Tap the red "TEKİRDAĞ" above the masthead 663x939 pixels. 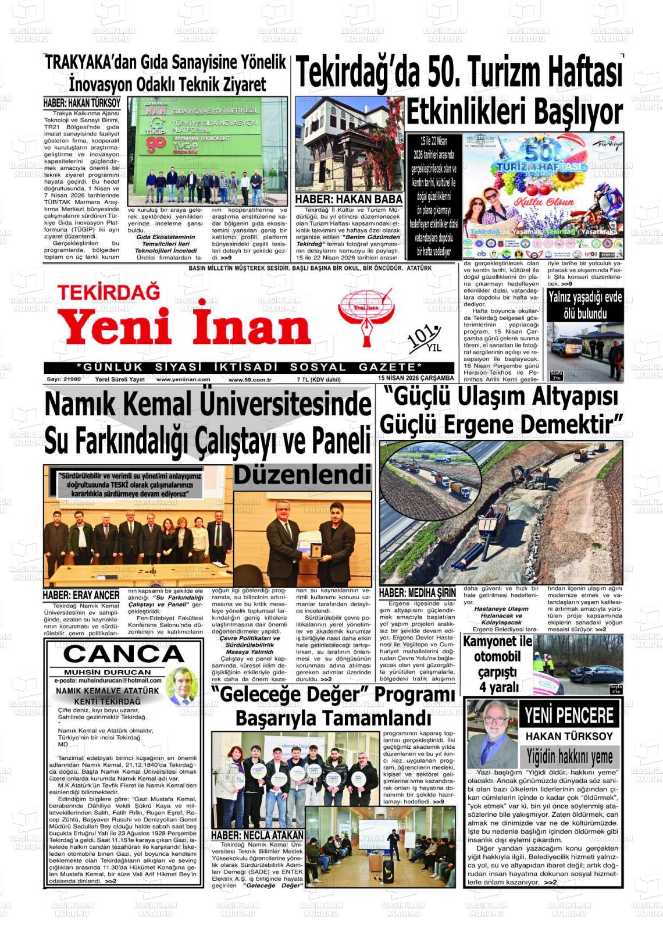tap(109, 291)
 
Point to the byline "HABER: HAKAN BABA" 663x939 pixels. tap(349, 200)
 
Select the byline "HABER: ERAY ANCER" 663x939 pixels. tap(81, 595)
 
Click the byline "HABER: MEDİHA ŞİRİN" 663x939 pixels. tap(417, 593)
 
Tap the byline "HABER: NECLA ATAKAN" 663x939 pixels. tap(257, 835)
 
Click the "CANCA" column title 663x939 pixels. tap(123, 654)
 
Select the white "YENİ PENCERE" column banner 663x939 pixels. tap(569, 716)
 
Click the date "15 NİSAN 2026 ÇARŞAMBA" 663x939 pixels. tap(415, 378)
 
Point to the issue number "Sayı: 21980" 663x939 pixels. tap(64, 379)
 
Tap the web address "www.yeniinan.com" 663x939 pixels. tap(183, 379)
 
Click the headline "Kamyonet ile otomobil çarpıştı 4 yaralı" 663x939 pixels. tap(498, 664)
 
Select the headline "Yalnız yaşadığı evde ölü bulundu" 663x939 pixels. tap(585, 305)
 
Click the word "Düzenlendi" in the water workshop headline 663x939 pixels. tap(302, 475)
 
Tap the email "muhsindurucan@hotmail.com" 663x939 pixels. tap(108, 680)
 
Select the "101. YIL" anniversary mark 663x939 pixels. tap(425, 339)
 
